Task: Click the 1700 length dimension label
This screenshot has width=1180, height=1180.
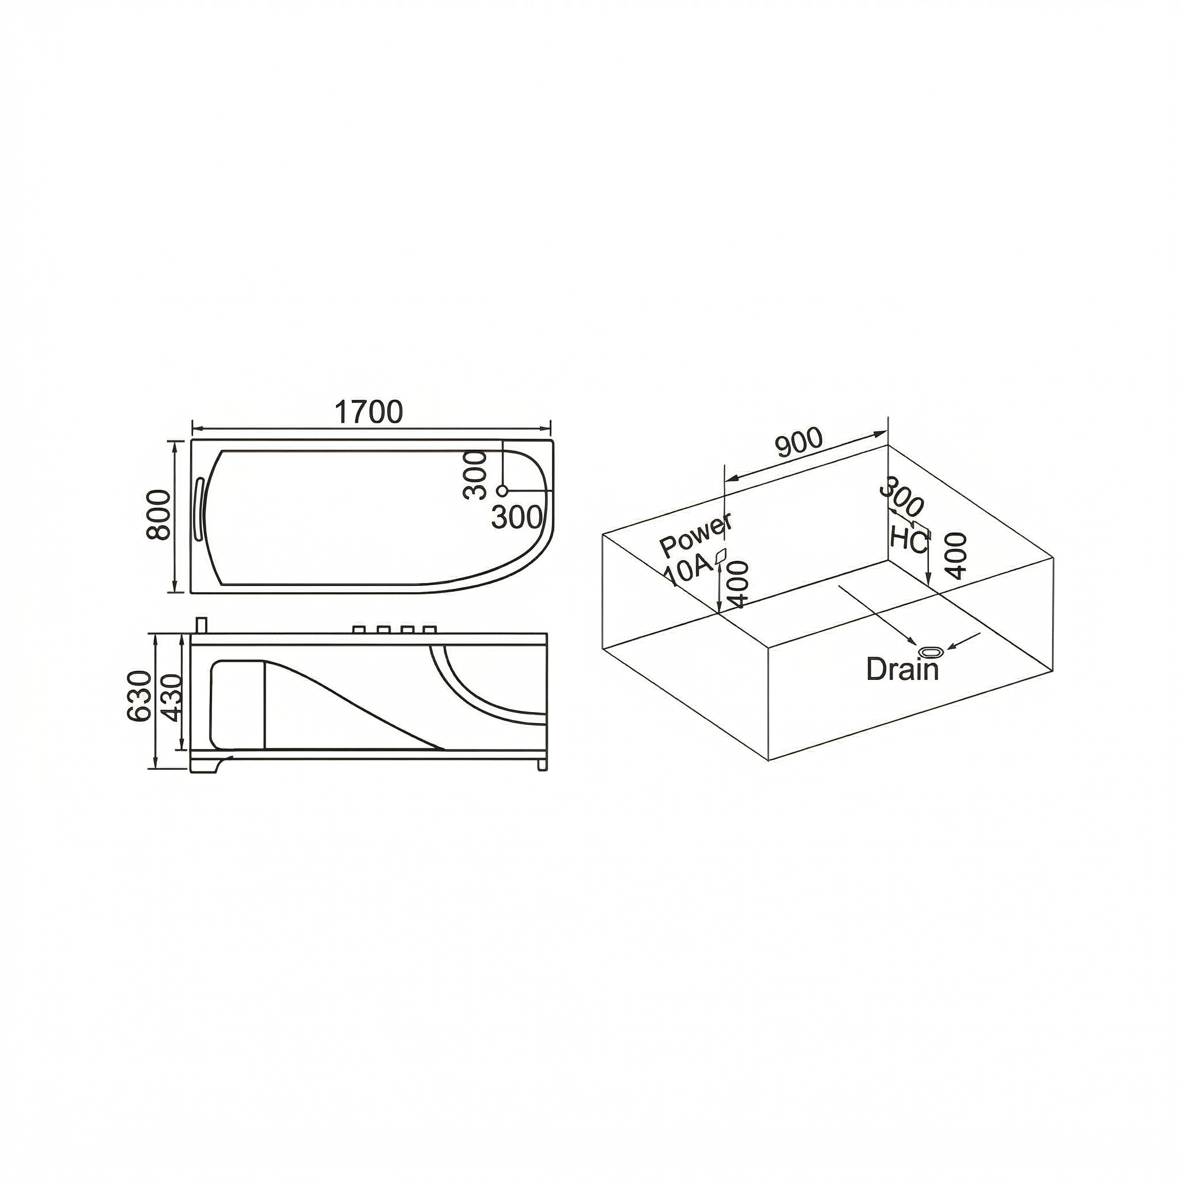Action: coord(369,413)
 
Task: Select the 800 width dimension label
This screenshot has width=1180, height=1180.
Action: coord(160,515)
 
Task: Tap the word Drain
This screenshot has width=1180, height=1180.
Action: coord(903,669)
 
